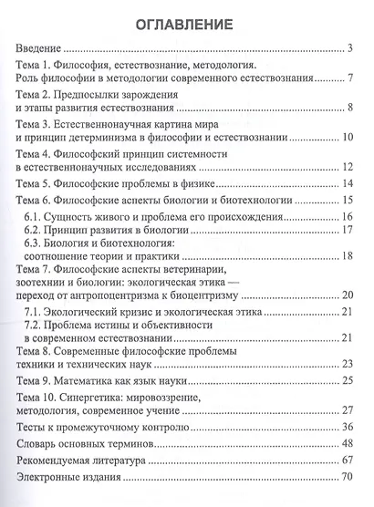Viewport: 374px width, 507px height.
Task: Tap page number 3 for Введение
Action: (x=350, y=49)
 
